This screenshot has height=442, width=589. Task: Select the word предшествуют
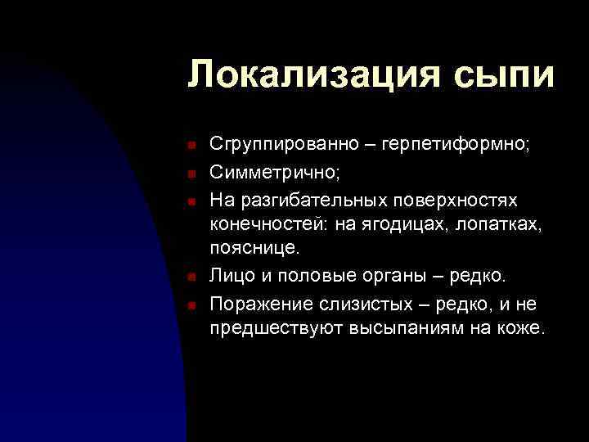(265, 329)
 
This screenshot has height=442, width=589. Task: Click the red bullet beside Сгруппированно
(190, 147)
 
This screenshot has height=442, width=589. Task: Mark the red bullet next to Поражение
(190, 304)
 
